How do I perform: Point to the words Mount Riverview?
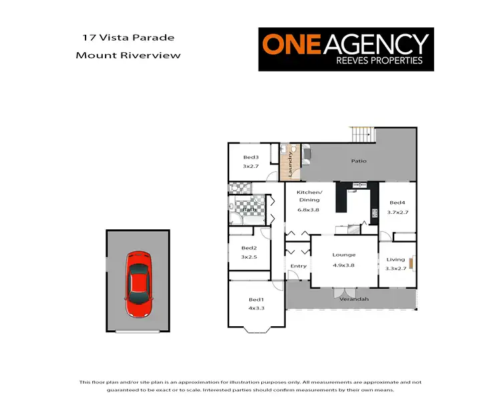coord(128,55)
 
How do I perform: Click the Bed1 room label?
coord(256,299)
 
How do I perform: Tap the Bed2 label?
coord(249,248)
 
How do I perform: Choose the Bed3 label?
coord(251,157)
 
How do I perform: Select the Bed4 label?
coord(397,203)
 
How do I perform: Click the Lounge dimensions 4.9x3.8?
coord(345,265)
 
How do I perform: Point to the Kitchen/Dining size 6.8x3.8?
coord(309,210)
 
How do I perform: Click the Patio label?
coord(359,161)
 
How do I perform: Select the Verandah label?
coord(354,299)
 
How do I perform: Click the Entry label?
coord(299,266)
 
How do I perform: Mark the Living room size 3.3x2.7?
coord(395,269)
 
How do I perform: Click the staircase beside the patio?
coord(363,134)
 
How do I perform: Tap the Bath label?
coord(248,210)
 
